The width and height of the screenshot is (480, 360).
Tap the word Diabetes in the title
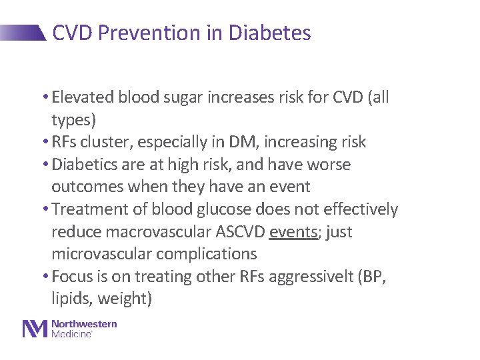click(269, 33)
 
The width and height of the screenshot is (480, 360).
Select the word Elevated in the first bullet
click(83, 97)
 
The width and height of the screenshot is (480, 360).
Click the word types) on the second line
click(74, 120)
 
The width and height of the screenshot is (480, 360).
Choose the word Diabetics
click(89, 165)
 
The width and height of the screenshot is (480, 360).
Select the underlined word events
click(293, 232)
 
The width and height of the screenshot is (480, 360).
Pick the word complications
click(207, 254)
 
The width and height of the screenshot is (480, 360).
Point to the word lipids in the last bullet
click(71, 299)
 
